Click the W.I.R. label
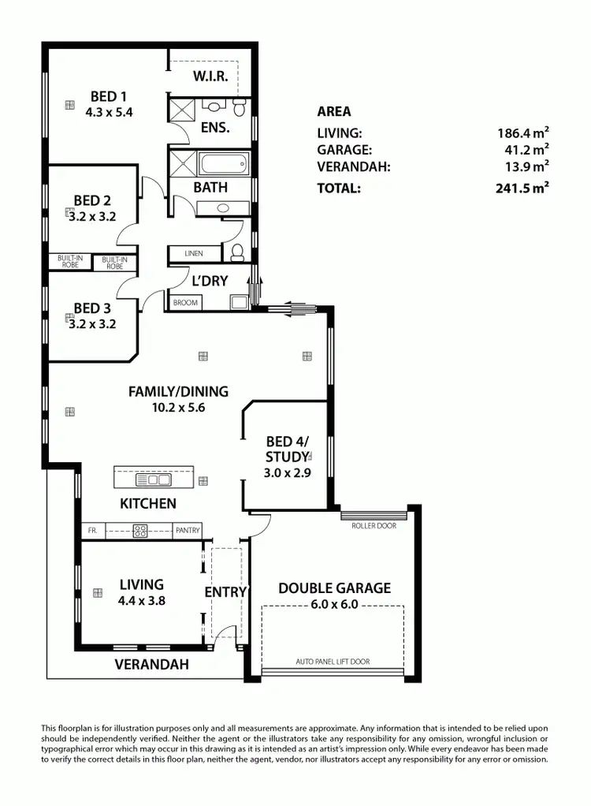210,76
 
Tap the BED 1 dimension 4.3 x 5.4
109,112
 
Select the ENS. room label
215,127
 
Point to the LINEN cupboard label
193,253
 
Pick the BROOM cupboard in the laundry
185,302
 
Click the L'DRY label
210,280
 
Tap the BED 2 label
92,200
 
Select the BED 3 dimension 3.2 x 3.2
91,323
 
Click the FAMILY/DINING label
179,391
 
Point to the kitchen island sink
148,479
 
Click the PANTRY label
188,531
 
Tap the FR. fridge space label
92,531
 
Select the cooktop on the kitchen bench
141,531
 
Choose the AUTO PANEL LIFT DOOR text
332,662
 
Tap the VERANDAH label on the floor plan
152,664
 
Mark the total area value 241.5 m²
522,188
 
